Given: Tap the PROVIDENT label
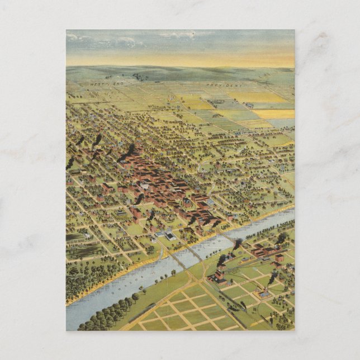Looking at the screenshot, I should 224,86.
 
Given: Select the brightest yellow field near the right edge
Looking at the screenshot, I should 273,113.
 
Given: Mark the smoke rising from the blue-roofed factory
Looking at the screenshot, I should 272,278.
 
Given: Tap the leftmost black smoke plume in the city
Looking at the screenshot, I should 70,163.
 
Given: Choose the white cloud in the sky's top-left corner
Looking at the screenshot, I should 72,37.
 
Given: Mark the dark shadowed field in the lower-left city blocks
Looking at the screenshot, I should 76,237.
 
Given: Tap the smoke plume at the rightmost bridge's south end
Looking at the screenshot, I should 238,244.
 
